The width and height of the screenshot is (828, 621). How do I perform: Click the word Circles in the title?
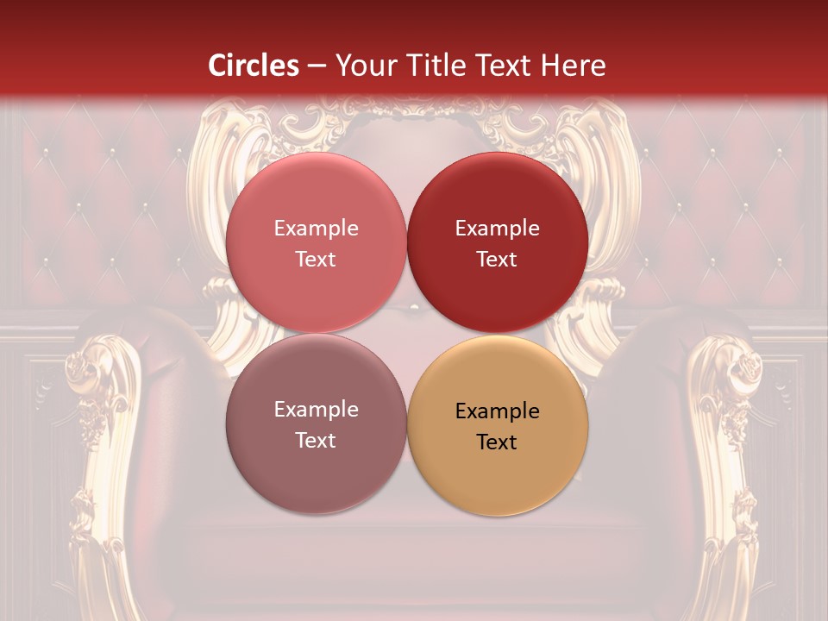pyautogui.click(x=254, y=66)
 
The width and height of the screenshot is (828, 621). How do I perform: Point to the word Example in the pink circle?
pyautogui.click(x=316, y=229)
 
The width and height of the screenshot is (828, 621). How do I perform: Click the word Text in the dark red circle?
pyautogui.click(x=497, y=259)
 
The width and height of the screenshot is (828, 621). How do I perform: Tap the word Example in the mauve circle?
pyautogui.click(x=316, y=410)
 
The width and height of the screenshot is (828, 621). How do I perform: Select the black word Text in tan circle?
pyautogui.click(x=497, y=442)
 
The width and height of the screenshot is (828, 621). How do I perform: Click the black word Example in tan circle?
pyautogui.click(x=497, y=411)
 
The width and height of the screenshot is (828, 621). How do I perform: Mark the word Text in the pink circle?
pyautogui.click(x=316, y=259)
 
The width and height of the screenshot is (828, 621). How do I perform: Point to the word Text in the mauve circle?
pyautogui.click(x=316, y=440)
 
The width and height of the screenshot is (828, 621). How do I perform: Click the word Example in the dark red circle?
pyautogui.click(x=497, y=229)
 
